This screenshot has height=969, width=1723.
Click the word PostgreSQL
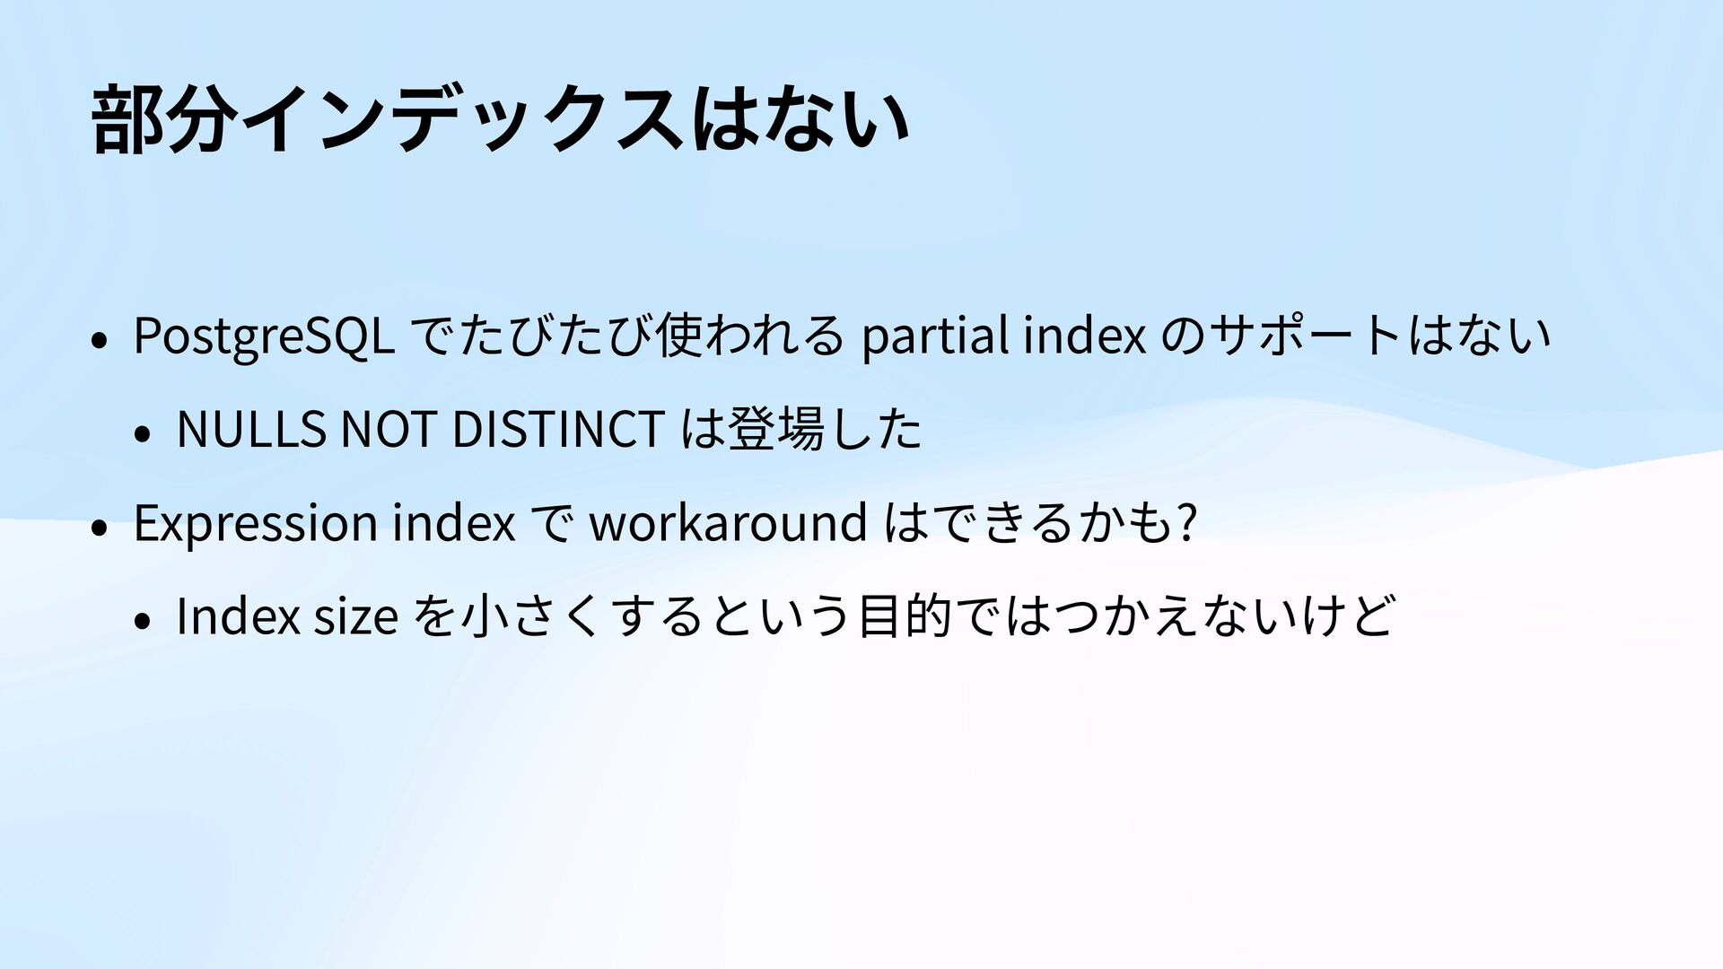264,336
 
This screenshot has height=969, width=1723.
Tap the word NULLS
251,428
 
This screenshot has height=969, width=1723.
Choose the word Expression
256,522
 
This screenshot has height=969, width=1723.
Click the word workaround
728,521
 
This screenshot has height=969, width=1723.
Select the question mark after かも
1187,521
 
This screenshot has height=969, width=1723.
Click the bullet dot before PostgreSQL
100,341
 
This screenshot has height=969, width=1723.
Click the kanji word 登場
777,428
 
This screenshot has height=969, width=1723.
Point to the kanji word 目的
905,616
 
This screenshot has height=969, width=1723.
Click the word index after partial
1086,336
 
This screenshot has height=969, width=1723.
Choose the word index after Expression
454,521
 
